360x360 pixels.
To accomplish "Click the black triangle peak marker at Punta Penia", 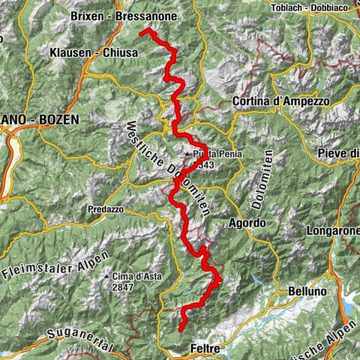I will tap(189, 154).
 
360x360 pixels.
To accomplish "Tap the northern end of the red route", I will tap(142, 31).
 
